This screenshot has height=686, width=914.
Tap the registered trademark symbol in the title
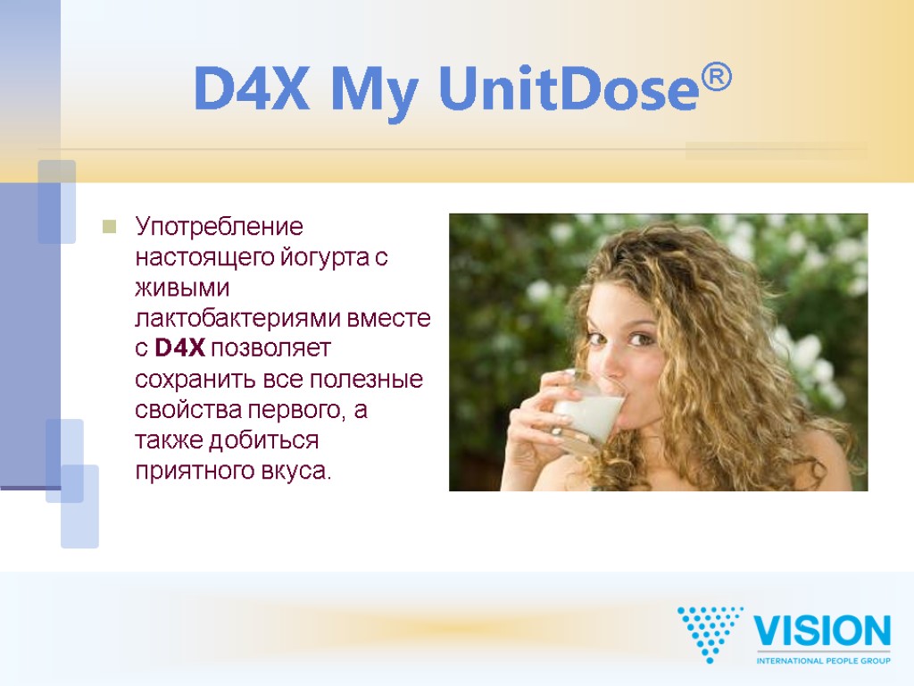(716, 79)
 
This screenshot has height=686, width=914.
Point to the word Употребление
(220, 227)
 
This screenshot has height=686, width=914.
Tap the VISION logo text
(822, 632)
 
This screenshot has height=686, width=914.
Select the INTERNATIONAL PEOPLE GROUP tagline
(823, 660)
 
